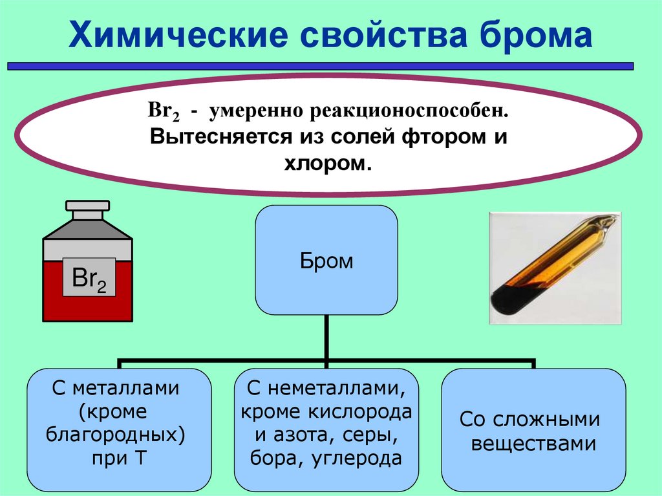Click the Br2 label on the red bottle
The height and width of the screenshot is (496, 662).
click(89, 279)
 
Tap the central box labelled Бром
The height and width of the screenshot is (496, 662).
click(326, 261)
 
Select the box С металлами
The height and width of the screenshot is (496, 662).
click(119, 429)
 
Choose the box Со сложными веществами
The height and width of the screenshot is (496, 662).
click(533, 429)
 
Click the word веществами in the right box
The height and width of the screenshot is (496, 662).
click(533, 444)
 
